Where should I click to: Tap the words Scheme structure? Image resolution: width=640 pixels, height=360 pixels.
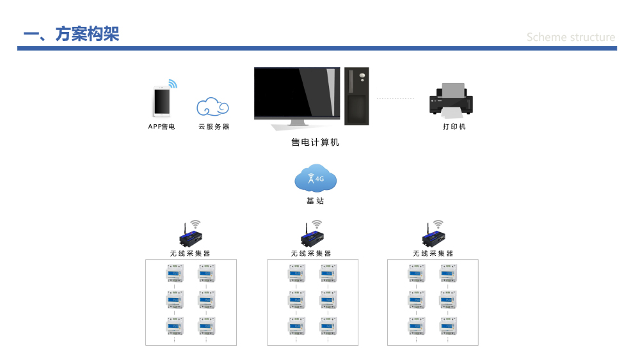[571, 37]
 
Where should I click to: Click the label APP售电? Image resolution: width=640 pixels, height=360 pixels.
[162, 127]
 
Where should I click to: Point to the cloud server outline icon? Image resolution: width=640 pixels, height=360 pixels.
[212, 107]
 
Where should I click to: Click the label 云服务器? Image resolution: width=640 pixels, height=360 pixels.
[214, 127]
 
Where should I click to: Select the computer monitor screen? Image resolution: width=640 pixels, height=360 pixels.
[297, 93]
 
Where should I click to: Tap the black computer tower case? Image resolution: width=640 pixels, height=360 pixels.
[356, 96]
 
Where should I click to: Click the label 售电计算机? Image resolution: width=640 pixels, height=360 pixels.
[315, 142]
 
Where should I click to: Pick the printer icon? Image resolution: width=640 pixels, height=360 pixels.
[451, 99]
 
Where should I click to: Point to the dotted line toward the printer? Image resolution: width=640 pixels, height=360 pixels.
[395, 98]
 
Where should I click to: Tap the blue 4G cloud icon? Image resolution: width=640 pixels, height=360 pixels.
[316, 179]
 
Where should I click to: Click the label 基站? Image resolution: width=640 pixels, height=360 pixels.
[315, 201]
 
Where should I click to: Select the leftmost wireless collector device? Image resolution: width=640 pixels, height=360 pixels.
[191, 237]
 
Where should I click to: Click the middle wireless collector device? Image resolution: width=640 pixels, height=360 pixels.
[312, 237]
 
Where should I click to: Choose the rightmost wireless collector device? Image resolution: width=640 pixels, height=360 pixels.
[433, 237]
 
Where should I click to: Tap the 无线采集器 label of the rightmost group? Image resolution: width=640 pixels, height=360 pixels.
[433, 253]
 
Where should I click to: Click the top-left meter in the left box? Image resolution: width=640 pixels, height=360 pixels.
[175, 273]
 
